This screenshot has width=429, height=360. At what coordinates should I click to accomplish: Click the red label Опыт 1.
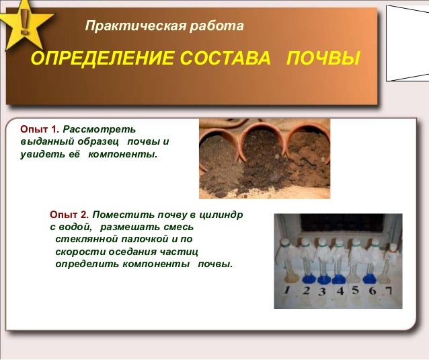tap(40, 129)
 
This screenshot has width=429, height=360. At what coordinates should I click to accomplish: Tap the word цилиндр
tap(221, 215)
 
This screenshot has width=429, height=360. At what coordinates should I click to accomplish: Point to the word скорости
tap(77, 251)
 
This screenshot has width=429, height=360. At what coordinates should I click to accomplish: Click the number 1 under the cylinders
tap(286, 291)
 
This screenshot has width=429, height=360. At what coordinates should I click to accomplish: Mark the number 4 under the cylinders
tap(340, 291)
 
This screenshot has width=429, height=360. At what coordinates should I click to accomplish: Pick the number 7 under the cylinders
tap(389, 291)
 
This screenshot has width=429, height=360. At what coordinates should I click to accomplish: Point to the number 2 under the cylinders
tap(305, 291)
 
